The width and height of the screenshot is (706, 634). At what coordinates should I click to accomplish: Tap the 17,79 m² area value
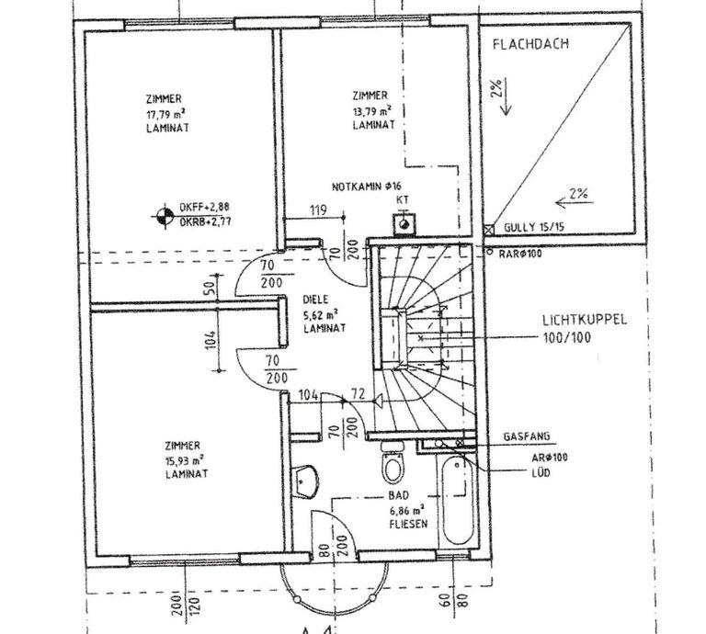click(x=165, y=114)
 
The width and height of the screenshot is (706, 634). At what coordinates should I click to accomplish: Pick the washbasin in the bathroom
click(x=306, y=478)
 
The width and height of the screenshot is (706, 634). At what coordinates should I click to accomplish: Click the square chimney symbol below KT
click(x=402, y=223)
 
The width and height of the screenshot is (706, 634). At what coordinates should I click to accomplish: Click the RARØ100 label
click(x=519, y=253)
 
